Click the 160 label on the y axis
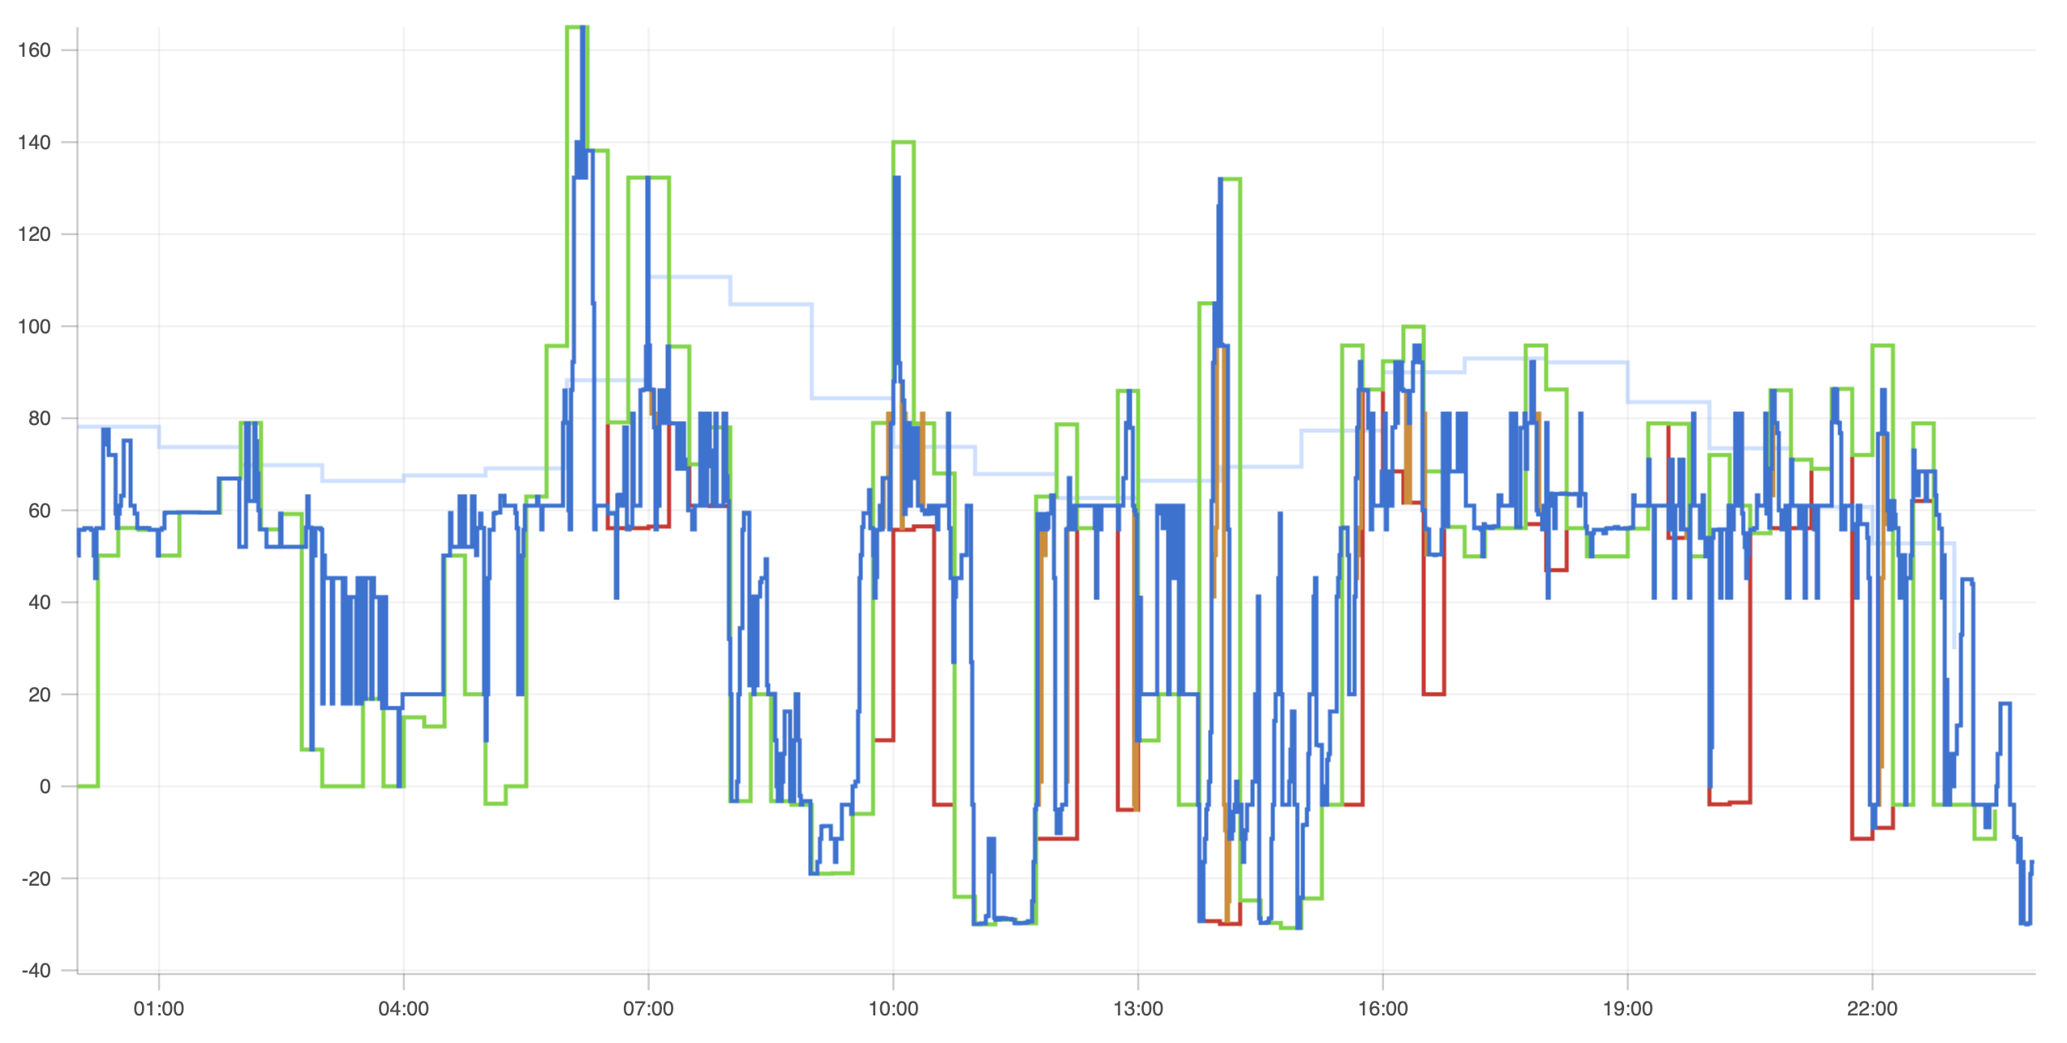[34, 50]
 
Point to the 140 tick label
[34, 143]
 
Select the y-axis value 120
[34, 234]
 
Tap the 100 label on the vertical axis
[34, 327]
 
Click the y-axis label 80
[39, 418]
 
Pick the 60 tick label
[39, 511]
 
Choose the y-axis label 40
[39, 603]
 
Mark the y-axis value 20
[39, 695]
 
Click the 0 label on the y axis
[45, 787]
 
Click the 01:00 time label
[159, 1009]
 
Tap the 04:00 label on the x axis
[404, 1009]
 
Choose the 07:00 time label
[648, 1009]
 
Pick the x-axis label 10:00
[893, 1009]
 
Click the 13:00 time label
[1138, 1009]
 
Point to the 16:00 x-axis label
[1383, 1009]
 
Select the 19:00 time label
[1627, 1009]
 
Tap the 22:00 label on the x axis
[1872, 1009]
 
